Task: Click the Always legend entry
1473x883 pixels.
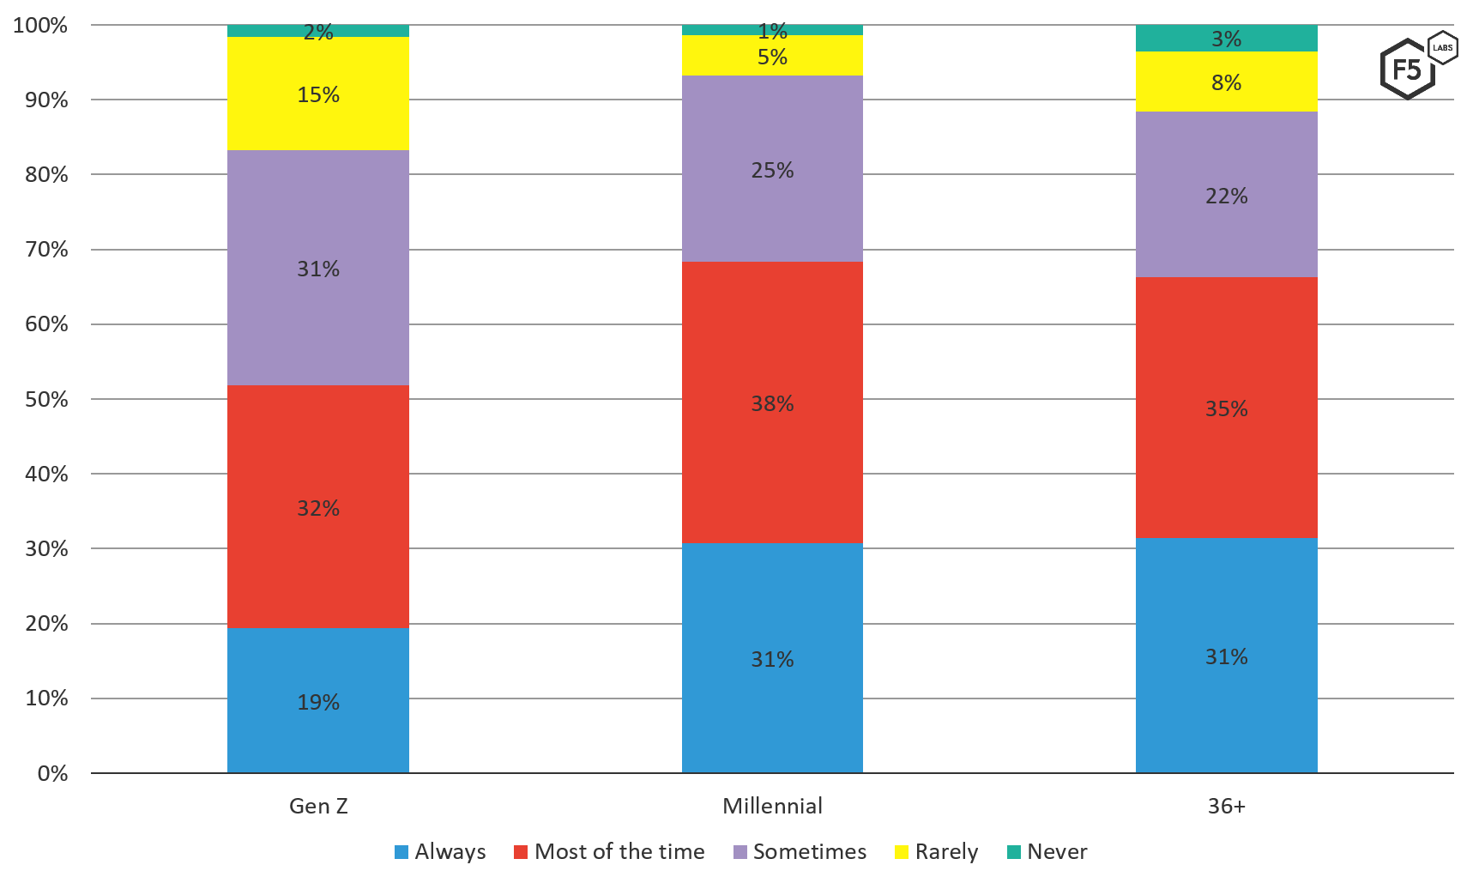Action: click(440, 852)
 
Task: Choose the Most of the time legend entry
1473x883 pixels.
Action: click(609, 852)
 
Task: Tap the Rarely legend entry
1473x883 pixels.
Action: click(936, 852)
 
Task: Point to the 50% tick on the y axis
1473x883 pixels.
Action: click(46, 400)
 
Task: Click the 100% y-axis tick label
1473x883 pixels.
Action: click(40, 26)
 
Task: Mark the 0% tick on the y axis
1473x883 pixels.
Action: click(52, 774)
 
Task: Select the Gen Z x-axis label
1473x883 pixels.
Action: click(318, 807)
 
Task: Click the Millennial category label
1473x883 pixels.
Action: click(772, 807)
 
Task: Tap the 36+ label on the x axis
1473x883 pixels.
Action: click(1226, 807)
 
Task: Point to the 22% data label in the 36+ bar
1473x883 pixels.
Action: click(1226, 197)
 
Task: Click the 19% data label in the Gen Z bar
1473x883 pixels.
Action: click(318, 703)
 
